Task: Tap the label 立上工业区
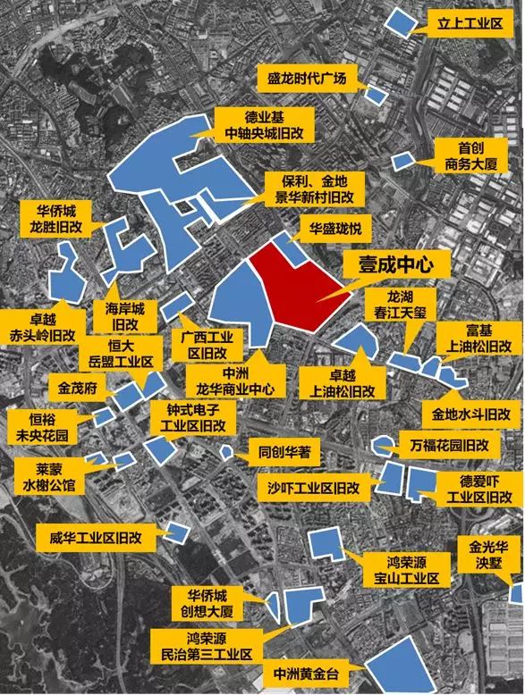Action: coord(465,21)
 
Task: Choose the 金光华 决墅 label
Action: coord(488,553)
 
